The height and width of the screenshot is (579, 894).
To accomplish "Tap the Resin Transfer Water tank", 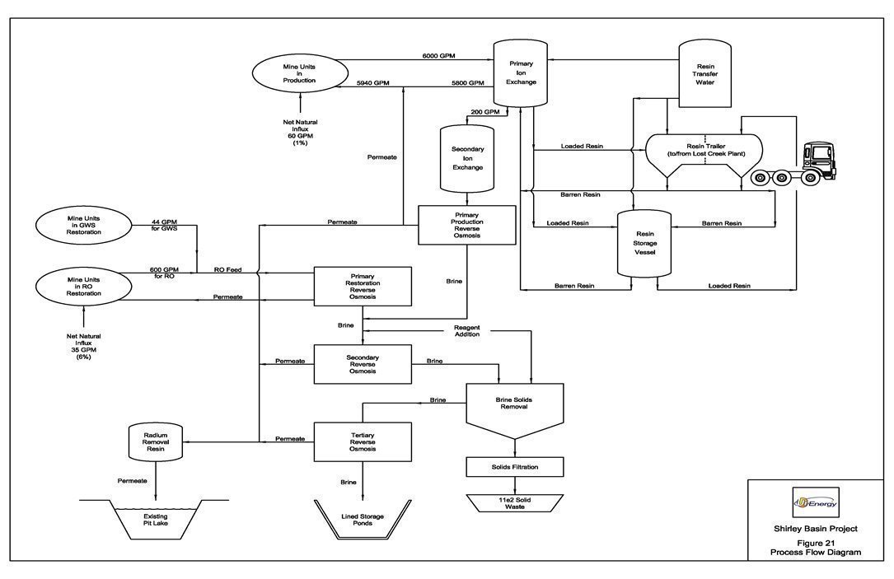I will pyautogui.click(x=704, y=74).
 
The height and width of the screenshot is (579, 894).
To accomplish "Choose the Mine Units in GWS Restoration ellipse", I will pyautogui.click(x=84, y=225).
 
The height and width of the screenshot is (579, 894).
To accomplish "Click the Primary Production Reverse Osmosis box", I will pyautogui.click(x=467, y=225).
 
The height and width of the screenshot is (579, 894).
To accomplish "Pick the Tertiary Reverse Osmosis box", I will pyautogui.click(x=363, y=443).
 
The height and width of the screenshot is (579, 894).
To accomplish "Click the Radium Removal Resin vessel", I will pyautogui.click(x=156, y=442).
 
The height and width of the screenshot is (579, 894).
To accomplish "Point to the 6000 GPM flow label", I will pyautogui.click(x=438, y=56).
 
